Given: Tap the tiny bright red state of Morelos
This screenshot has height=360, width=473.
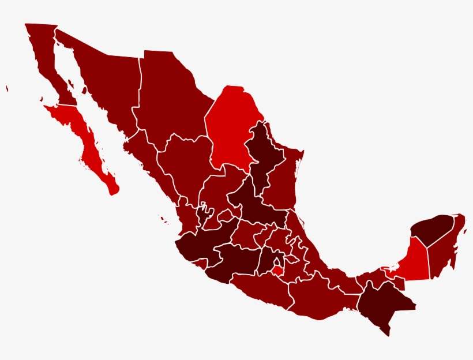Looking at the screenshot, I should (x=278, y=270).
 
